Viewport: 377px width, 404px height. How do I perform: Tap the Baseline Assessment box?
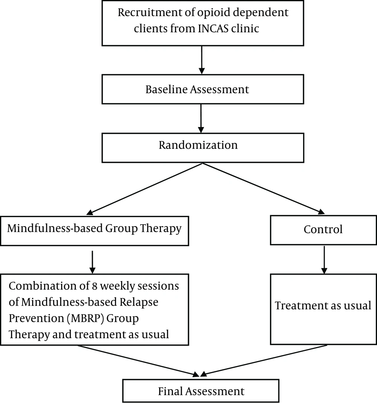(x=203, y=89)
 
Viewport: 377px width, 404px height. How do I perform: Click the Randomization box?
(x=203, y=148)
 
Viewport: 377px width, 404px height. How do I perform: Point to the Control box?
(x=323, y=230)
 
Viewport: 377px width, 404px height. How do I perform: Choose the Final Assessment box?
(x=201, y=390)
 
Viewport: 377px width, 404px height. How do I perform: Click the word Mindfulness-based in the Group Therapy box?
(x=55, y=228)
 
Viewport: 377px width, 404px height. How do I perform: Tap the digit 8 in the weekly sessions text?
(x=94, y=286)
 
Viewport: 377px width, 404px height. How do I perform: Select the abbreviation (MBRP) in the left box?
(x=85, y=318)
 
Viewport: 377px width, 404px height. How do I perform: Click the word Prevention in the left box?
(x=36, y=318)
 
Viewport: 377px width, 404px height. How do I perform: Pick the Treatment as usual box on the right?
(x=323, y=309)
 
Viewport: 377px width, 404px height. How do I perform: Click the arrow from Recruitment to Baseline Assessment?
(x=202, y=60)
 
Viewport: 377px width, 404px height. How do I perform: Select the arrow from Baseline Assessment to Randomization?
(x=201, y=118)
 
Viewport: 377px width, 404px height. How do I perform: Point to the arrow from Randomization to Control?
(x=264, y=188)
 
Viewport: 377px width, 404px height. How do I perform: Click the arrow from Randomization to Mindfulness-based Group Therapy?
(x=144, y=188)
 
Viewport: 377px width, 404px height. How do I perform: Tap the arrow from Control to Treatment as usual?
(x=324, y=260)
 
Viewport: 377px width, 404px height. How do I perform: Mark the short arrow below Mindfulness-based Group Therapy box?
(x=92, y=262)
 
